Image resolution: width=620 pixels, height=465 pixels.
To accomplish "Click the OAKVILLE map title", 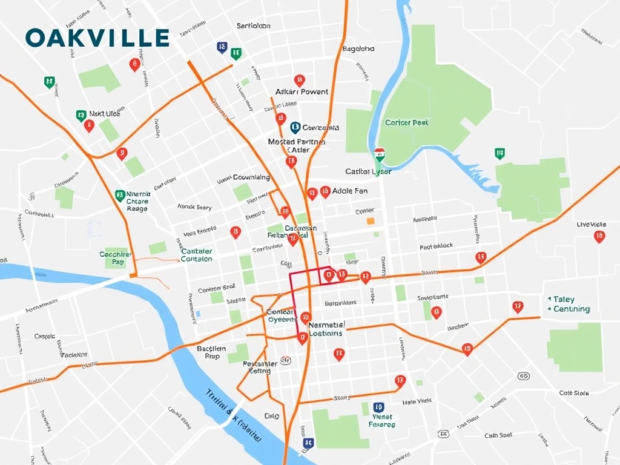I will [x=97, y=38].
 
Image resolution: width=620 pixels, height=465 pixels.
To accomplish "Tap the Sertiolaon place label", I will [x=253, y=26].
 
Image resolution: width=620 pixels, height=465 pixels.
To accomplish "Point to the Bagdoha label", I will [x=358, y=48].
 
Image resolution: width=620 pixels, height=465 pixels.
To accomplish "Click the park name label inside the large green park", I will [x=407, y=123].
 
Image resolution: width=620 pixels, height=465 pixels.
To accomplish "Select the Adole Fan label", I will [x=350, y=191].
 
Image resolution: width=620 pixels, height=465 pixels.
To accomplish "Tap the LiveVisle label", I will [x=592, y=225].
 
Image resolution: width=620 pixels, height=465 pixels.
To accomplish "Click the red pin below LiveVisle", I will [x=599, y=237].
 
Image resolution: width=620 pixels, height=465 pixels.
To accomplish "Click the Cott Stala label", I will [x=574, y=393].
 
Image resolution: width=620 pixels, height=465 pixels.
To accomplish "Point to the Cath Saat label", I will [x=498, y=435].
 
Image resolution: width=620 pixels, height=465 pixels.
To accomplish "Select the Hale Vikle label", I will [x=417, y=401].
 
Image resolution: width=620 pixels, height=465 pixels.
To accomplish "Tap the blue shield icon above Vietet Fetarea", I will [x=379, y=407].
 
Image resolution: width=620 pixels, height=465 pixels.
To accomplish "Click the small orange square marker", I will [x=371, y=222].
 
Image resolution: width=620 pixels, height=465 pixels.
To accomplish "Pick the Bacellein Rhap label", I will [x=212, y=352].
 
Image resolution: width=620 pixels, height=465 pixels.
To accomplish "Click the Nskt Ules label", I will [x=105, y=113].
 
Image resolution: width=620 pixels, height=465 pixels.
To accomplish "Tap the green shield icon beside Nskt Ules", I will [x=81, y=114].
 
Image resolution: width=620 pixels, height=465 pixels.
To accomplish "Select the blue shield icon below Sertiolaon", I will [x=222, y=47].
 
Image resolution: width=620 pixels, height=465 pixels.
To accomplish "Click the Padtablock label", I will [x=437, y=246].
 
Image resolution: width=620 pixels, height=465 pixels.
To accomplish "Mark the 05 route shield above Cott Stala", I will [x=524, y=376].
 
